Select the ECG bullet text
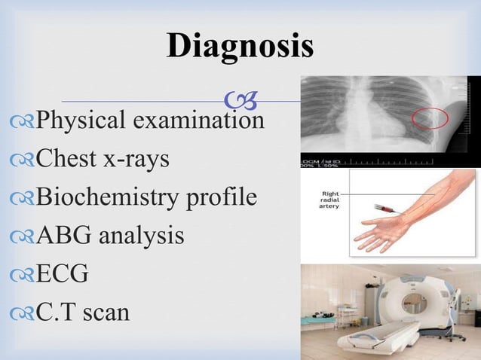click(62, 274)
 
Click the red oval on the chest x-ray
click(430, 117)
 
